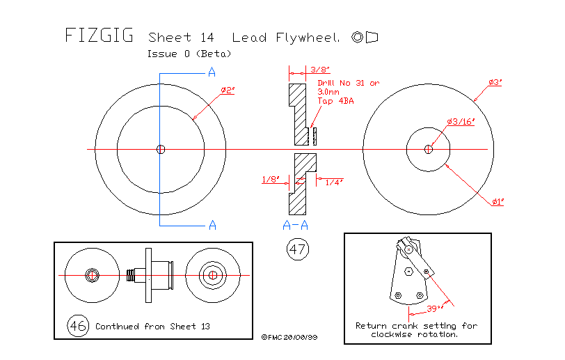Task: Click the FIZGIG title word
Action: pos(99,36)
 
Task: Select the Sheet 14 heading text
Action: pos(181,37)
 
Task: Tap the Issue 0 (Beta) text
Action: pos(189,54)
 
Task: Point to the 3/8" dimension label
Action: pos(320,69)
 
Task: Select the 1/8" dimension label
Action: pos(271,180)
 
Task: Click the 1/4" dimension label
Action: pos(335,182)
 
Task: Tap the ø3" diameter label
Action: pos(495,82)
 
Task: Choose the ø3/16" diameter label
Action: pos(460,121)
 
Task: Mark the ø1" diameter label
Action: pos(498,201)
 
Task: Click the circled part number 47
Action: pos(298,249)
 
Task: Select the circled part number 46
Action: pos(78,325)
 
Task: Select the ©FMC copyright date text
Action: pos(289,336)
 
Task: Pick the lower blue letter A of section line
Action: pos(213,224)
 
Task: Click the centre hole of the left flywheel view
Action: pos(161,148)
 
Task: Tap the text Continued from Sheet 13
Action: pos(152,326)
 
